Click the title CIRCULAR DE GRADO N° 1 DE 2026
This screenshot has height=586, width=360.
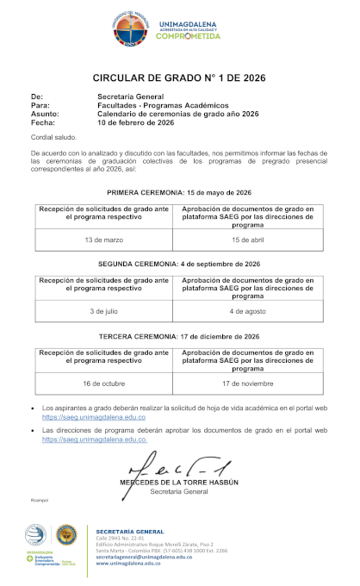coord(178,78)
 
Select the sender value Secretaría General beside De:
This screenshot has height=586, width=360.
coord(130,97)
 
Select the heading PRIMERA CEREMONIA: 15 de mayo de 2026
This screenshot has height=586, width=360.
coord(178,192)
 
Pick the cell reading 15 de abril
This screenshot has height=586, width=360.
coord(246,239)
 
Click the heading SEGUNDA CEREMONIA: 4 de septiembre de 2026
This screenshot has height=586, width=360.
coord(178,264)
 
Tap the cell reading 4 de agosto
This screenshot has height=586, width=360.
coord(246,310)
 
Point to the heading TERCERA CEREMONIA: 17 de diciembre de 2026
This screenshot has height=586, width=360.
coord(178,336)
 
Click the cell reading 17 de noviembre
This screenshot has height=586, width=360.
coord(246,383)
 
